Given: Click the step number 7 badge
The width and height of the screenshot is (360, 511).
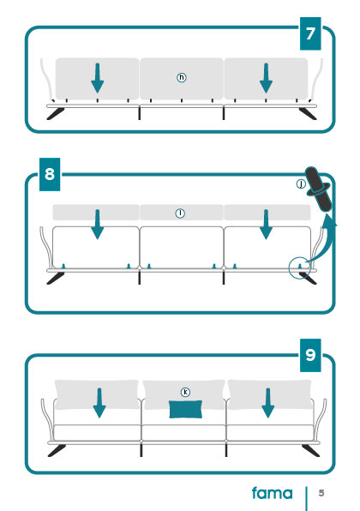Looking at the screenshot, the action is point(310,33).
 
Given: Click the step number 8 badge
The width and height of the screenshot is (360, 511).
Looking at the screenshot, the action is point(50,174).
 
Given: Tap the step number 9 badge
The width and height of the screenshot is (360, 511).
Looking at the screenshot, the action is point(310,355).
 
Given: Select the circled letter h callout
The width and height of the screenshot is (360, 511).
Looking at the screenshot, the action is point(182,77).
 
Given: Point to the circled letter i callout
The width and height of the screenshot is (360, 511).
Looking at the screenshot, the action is point(180,213).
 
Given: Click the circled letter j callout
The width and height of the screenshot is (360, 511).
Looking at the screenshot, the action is point(301,184).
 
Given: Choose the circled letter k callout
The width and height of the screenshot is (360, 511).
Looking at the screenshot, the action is point(185,392).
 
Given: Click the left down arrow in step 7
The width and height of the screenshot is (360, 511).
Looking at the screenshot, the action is point(97,78).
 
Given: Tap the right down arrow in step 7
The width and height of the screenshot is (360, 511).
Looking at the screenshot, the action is point(267,78).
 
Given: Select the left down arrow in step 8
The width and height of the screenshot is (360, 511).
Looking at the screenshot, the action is point(97,225).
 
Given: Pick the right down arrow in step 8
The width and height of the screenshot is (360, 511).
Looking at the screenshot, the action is point(267,225).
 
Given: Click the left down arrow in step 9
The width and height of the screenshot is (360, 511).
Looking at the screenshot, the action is point(99,403).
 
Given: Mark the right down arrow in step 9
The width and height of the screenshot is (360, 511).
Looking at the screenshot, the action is point(267,403).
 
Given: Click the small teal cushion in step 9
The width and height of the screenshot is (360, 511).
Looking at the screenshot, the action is point(185,409).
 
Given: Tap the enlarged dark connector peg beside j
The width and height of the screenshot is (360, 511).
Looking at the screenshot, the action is point(319,189).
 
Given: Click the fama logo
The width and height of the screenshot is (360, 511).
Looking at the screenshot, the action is point(272,493).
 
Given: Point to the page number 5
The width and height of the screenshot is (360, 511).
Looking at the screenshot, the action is point(321,493).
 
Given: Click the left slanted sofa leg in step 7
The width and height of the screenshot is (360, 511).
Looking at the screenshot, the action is point(56,114).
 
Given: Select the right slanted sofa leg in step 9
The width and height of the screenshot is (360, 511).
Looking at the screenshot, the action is point(310,451).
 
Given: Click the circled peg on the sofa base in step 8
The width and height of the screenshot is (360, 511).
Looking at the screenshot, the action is point(300,267).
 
